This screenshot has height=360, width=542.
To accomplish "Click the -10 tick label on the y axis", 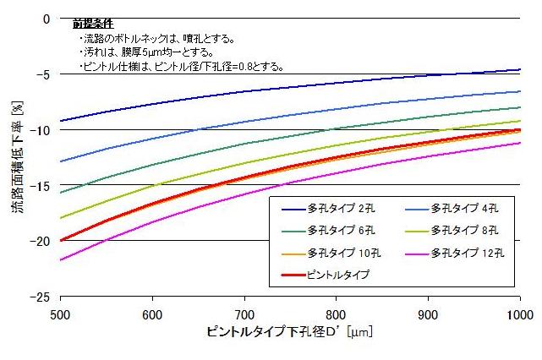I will (42, 129).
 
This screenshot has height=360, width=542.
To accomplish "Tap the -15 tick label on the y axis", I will (42, 185).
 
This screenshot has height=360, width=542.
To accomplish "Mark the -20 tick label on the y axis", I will (42, 241).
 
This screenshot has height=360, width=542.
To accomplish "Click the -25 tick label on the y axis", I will (42, 297).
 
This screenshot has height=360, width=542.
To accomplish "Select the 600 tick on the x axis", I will (152, 312).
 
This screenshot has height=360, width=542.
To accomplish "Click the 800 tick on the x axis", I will (336, 312).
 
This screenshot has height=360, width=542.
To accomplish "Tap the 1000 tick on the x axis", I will (518, 312).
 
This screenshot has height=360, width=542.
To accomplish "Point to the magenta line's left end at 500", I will (61, 259).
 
